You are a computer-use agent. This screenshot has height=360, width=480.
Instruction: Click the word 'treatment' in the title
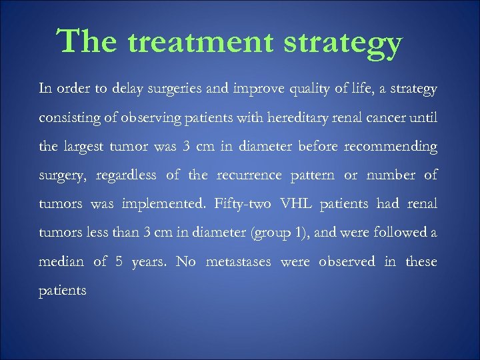201,43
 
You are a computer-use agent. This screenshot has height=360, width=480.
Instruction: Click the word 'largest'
90,147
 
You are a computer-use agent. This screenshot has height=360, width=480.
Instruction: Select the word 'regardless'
126,175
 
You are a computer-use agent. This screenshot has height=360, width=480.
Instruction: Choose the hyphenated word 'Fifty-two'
243,204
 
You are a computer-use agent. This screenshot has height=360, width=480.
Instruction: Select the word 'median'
61,261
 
